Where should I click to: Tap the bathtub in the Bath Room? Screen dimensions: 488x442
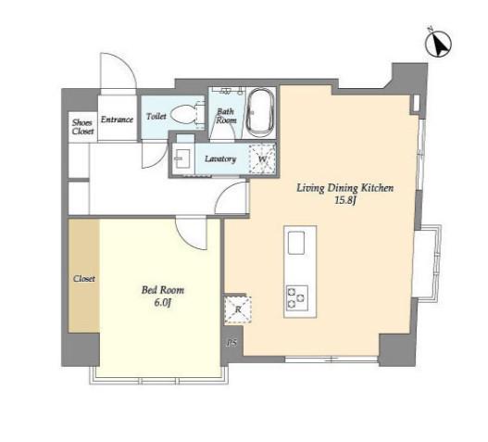[260, 112]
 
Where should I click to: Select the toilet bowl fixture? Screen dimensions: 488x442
[187, 116]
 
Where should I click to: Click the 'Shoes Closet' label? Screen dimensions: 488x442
[82, 127]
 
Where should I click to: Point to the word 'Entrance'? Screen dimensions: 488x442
[117, 120]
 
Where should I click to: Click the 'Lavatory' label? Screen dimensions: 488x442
[220, 158]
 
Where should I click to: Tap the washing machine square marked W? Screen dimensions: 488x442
[262, 158]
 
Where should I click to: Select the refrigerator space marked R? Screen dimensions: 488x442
[238, 309]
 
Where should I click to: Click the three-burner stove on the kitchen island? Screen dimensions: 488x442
[297, 297]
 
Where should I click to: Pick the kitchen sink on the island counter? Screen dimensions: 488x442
[296, 243]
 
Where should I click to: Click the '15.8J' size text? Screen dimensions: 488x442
[345, 200]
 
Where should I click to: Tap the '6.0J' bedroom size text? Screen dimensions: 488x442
[163, 302]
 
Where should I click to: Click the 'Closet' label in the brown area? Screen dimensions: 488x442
[84, 278]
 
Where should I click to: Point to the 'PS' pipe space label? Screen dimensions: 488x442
[232, 343]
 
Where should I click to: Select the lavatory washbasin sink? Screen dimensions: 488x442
[182, 158]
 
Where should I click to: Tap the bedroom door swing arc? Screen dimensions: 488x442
[190, 237]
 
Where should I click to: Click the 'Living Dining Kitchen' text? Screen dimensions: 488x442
[344, 188]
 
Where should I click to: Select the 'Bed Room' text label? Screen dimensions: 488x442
[163, 290]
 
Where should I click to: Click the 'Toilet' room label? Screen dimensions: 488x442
[156, 116]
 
